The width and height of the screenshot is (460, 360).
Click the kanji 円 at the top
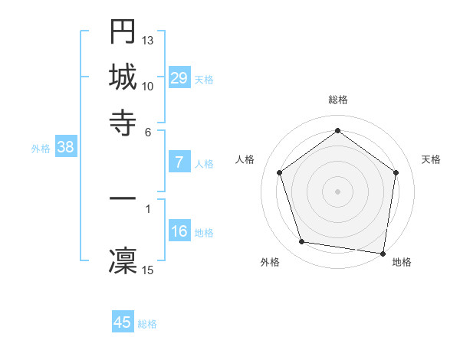(x=123, y=32)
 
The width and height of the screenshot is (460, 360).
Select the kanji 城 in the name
(x=123, y=77)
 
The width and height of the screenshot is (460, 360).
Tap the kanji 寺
(x=123, y=120)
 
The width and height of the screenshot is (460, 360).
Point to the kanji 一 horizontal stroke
(x=123, y=198)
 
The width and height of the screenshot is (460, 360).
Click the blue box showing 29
(x=179, y=78)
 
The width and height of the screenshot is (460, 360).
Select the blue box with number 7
(x=179, y=162)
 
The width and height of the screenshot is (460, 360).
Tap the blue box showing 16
(x=179, y=232)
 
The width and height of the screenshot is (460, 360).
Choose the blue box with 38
(x=65, y=148)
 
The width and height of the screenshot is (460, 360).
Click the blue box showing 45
(x=123, y=322)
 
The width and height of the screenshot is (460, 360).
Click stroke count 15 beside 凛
(x=148, y=270)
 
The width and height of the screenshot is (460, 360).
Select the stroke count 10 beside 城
(x=148, y=86)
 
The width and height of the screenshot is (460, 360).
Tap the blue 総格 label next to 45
(x=147, y=324)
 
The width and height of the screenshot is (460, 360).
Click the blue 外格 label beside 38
(x=40, y=149)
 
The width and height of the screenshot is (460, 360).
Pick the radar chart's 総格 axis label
(x=337, y=100)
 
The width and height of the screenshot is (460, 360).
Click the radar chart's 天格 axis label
(x=431, y=159)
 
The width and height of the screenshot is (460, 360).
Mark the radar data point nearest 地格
(x=383, y=253)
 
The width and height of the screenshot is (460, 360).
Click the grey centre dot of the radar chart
(x=337, y=191)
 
